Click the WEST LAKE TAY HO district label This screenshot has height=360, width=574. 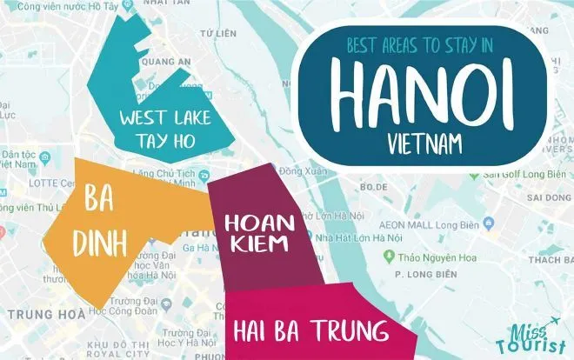tap(169, 128)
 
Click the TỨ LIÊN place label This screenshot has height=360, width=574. tap(224, 33)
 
